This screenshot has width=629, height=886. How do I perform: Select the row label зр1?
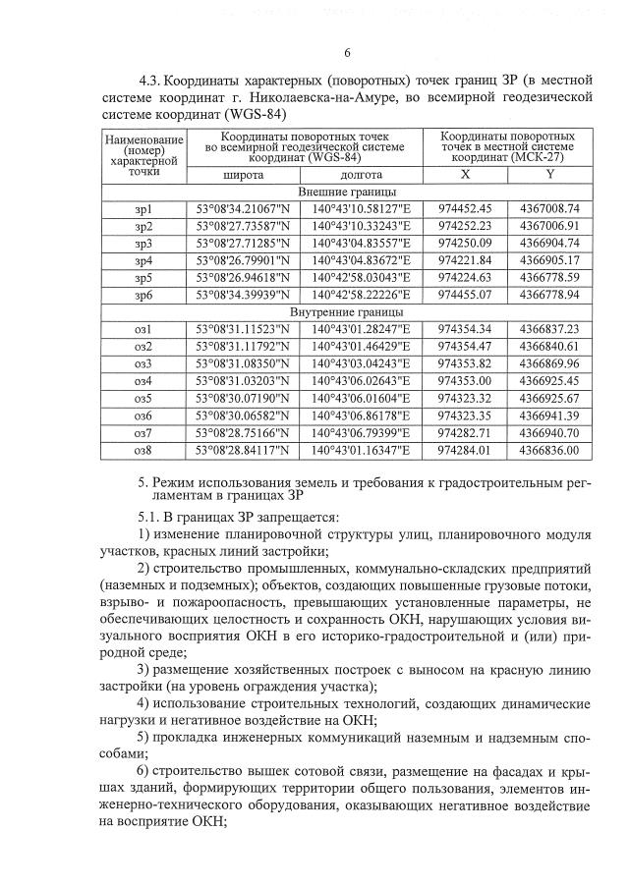click(143, 208)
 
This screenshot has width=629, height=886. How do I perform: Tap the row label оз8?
click(143, 450)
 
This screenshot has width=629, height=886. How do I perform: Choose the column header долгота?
click(361, 174)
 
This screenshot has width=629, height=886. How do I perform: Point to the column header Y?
click(550, 174)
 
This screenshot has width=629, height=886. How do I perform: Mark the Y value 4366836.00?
click(550, 450)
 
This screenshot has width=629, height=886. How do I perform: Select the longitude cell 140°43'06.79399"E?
click(361, 432)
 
